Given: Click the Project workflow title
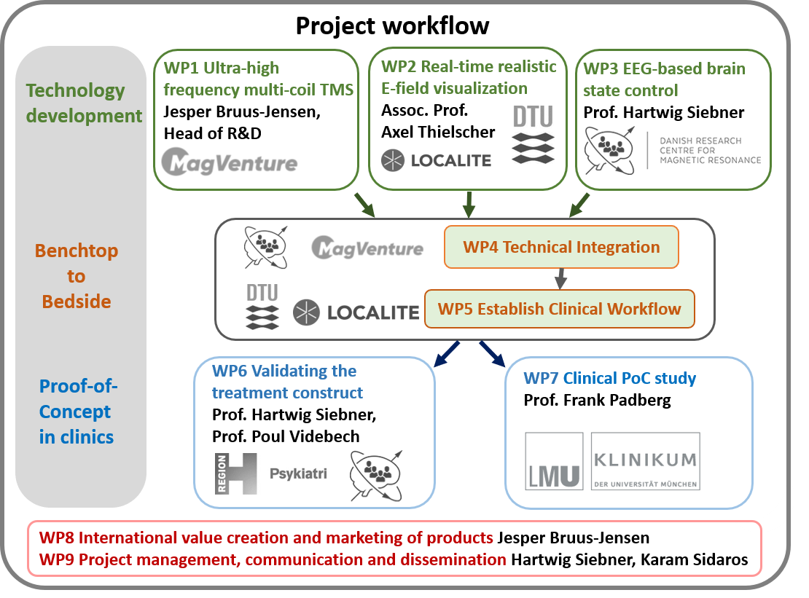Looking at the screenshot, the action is (x=392, y=25).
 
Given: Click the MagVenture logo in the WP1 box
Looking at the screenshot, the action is (x=230, y=162).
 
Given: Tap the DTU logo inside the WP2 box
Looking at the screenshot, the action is (x=533, y=134).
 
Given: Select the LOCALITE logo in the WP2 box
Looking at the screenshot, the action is (x=436, y=160).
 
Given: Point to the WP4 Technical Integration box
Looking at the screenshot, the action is (x=561, y=247).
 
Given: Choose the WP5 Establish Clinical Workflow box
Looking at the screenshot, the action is (x=559, y=309).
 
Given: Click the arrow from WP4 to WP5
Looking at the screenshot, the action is (x=560, y=279).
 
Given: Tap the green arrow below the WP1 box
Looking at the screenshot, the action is (x=364, y=205).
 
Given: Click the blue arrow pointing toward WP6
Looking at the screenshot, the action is (x=446, y=354).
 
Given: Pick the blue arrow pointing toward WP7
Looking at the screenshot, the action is (x=492, y=354).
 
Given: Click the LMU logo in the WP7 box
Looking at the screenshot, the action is (x=554, y=461).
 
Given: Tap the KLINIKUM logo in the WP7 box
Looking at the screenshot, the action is (x=646, y=461).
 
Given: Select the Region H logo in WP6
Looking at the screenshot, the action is (x=236, y=473).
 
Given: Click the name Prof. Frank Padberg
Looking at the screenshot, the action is (x=597, y=400).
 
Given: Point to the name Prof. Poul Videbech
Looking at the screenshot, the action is (x=286, y=436).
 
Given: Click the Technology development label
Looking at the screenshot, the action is (x=84, y=103).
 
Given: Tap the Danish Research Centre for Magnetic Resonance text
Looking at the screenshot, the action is (x=710, y=151).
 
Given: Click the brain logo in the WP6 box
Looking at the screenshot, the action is (x=376, y=476).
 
